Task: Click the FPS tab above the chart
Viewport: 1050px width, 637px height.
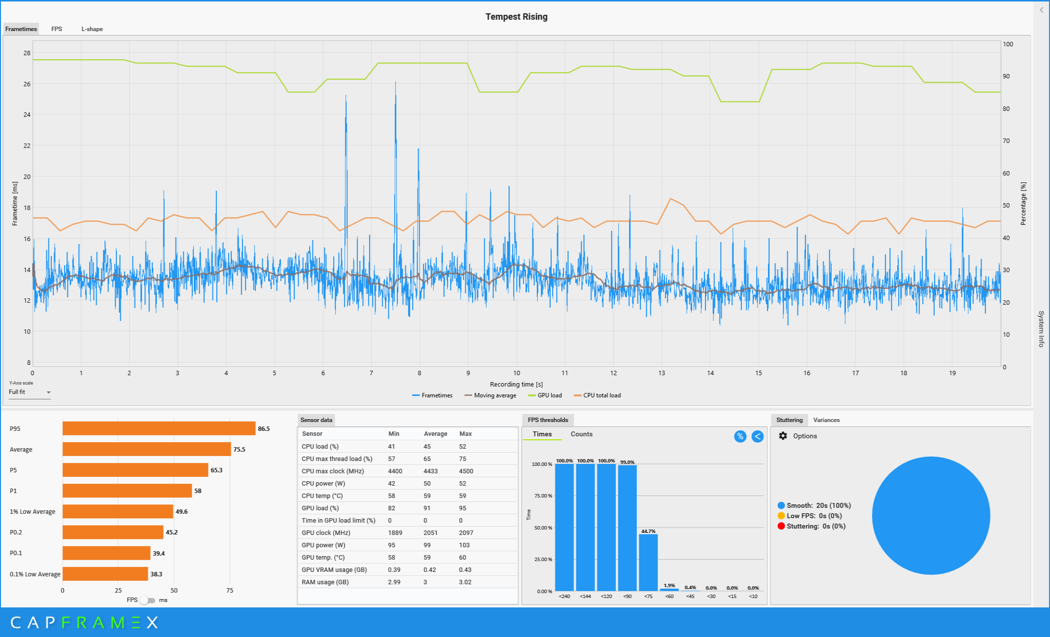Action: pyautogui.click(x=57, y=29)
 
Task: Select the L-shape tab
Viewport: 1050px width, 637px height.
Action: pyautogui.click(x=92, y=29)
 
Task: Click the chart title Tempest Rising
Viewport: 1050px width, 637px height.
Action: pyautogui.click(x=516, y=17)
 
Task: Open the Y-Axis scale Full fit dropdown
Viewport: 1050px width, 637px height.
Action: pyautogui.click(x=30, y=392)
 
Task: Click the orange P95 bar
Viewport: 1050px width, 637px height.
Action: pyautogui.click(x=159, y=428)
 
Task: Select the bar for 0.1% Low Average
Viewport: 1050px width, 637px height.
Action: pyautogui.click(x=105, y=574)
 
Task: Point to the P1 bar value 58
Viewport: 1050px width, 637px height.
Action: pyautogui.click(x=198, y=491)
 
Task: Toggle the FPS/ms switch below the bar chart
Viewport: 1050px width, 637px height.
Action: pyautogui.click(x=147, y=600)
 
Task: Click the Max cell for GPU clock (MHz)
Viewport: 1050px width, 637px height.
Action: pyautogui.click(x=466, y=533)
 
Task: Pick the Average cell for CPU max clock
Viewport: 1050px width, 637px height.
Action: pyautogui.click(x=430, y=471)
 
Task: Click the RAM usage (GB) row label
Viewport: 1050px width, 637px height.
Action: pyautogui.click(x=325, y=582)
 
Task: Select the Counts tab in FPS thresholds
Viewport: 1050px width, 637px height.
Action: pyautogui.click(x=581, y=434)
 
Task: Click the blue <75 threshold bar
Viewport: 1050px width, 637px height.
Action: pyautogui.click(x=648, y=562)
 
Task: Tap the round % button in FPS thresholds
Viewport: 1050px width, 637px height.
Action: pyautogui.click(x=740, y=436)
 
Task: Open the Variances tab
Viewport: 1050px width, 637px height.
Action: pyautogui.click(x=826, y=420)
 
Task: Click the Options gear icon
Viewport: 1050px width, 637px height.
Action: pyautogui.click(x=783, y=436)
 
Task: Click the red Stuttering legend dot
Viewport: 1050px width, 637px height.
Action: pyautogui.click(x=781, y=526)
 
